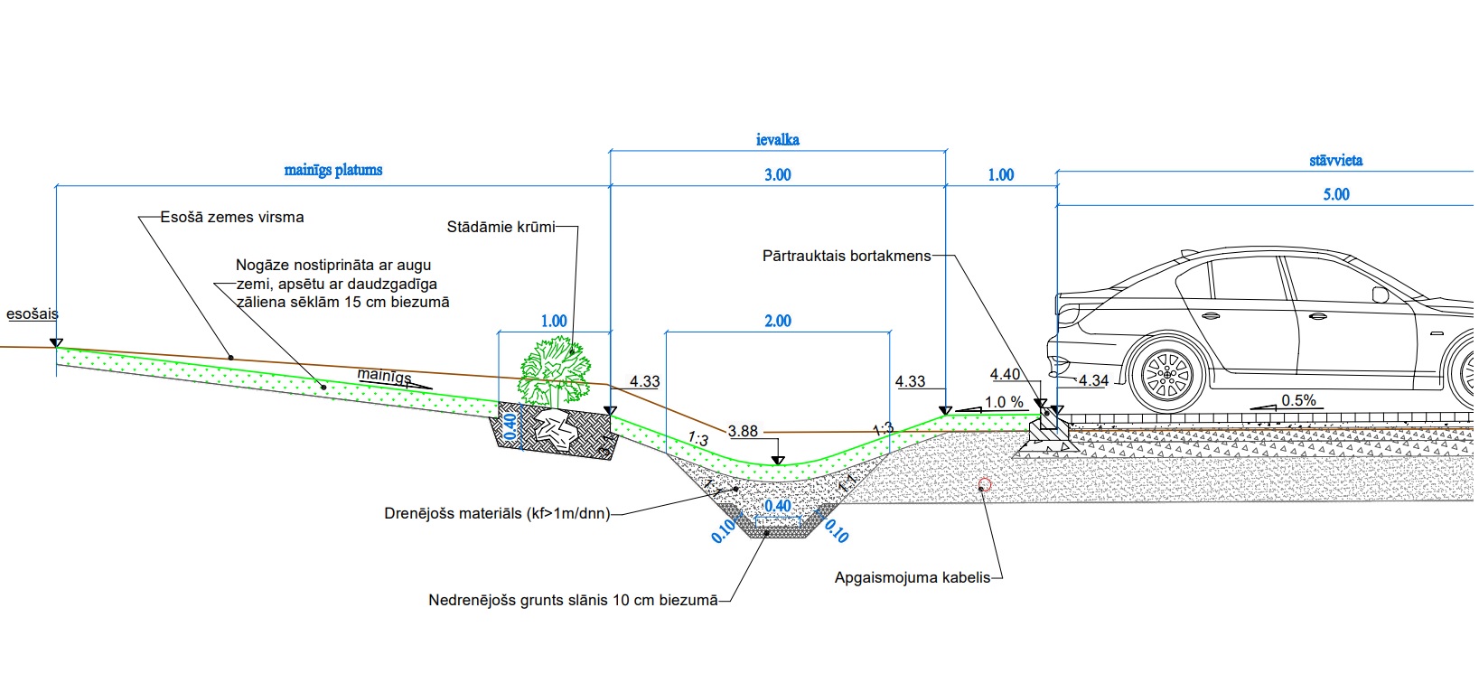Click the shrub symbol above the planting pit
coord(555,370)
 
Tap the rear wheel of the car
coord(1166,375)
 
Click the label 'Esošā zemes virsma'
coord(232,217)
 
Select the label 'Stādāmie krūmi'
coord(501,227)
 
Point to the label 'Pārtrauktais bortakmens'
coord(846,256)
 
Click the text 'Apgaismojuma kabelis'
coord(913,577)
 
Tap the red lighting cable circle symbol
coord(985,485)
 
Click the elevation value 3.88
coord(743,432)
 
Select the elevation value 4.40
coord(1005,374)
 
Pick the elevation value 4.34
coord(1093,380)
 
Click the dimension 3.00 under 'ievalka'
coord(777,174)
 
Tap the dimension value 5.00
coord(1335,194)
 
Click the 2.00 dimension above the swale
coord(777,321)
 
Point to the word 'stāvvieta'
coord(1335,161)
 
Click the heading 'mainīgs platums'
coord(333,170)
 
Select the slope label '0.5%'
coord(1298,400)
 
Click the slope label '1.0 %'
coord(1004,402)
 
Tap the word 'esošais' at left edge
coord(32,314)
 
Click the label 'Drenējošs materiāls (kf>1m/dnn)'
coord(497,513)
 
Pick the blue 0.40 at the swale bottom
coord(777,506)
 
